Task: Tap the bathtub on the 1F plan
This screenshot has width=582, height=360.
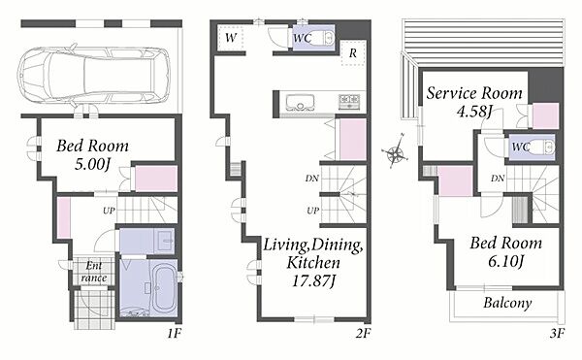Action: coord(164,287)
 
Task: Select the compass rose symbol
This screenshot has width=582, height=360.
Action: coord(396,151)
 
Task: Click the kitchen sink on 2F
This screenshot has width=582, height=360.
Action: coord(300,103)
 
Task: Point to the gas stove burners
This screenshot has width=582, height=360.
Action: coord(349,100)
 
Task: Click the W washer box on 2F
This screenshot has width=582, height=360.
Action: coord(231,38)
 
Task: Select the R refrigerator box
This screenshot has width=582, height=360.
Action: coord(353,52)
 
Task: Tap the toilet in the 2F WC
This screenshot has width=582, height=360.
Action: coord(327,38)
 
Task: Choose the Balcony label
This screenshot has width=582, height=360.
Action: coord(507,303)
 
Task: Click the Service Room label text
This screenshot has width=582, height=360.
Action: coord(474,93)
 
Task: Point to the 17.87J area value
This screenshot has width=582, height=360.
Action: coord(313,281)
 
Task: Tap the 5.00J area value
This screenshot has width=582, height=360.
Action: coord(92,164)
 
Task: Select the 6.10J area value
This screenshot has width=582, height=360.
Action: coord(505,262)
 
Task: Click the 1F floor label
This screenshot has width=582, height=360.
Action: coord(174,333)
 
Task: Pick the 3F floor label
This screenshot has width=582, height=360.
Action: coord(557,333)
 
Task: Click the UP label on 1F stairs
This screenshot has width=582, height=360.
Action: coord(109,211)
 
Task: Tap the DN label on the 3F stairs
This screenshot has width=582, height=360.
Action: coord(498,179)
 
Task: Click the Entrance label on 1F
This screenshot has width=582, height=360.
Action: coord(93,272)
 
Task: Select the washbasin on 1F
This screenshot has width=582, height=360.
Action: coord(165,241)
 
